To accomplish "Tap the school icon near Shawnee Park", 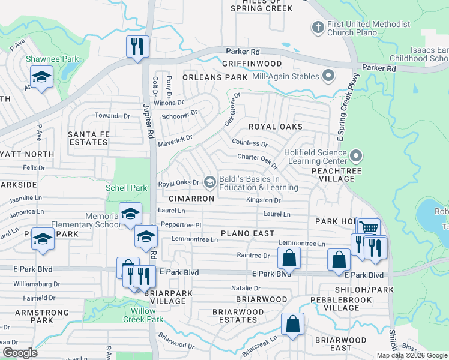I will tap(41, 77).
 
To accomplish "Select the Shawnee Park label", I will tap(44, 59).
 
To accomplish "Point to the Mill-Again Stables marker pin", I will tap(328, 76).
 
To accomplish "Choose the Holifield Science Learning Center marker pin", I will tap(356, 156).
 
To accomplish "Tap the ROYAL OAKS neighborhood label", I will tap(276, 127).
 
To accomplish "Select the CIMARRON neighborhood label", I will tap(191, 198).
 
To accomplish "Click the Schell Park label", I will tap(126, 188).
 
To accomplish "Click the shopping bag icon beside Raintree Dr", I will tap(289, 258).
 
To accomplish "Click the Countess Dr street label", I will tap(250, 144).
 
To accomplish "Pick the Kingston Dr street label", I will tap(263, 200).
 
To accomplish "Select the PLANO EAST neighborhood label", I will tap(247, 233).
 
